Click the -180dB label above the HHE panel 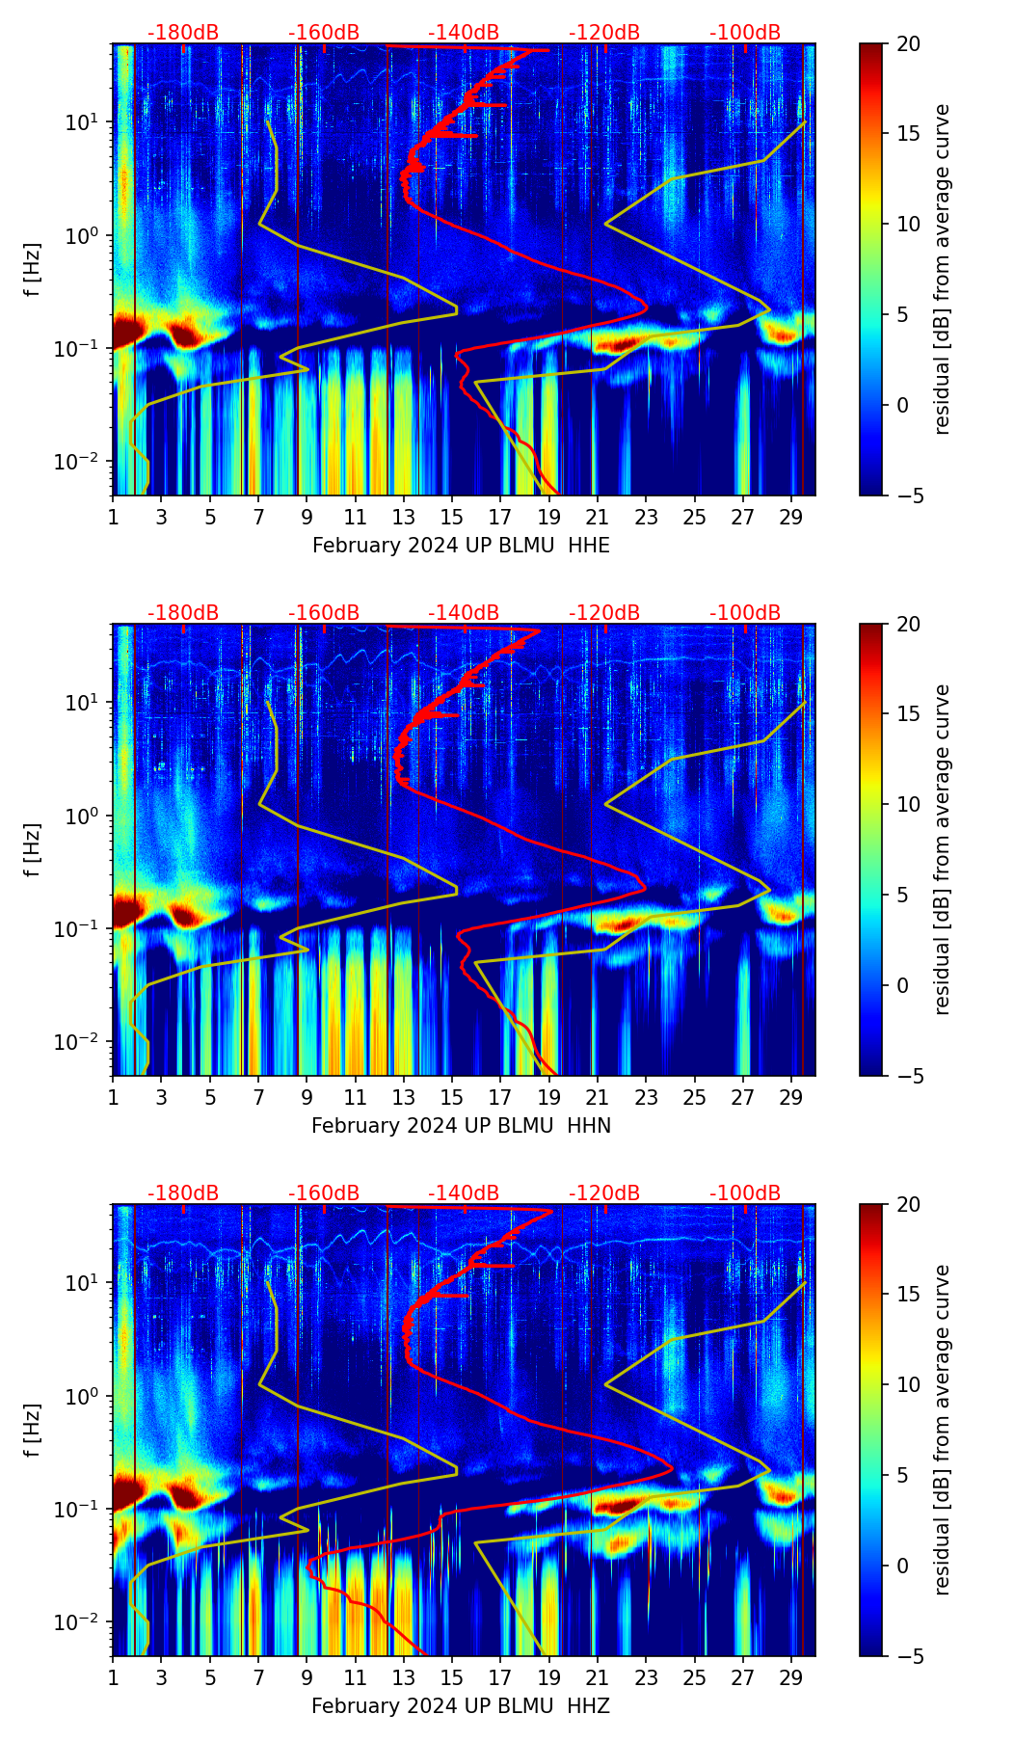tap(183, 33)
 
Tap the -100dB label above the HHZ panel tap(745, 1193)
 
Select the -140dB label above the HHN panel tap(464, 613)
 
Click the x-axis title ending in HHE tap(461, 546)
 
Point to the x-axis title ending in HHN tap(461, 1126)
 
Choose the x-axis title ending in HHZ tap(461, 1706)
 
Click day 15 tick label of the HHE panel tap(451, 518)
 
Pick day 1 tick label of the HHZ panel tap(113, 1678)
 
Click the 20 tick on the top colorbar tap(908, 44)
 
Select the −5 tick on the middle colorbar tap(908, 1076)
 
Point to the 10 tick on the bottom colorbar tap(908, 1385)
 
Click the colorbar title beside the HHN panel tap(942, 849)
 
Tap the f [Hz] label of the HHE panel tap(32, 270)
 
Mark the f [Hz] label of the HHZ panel tap(32, 1431)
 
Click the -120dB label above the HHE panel tap(604, 33)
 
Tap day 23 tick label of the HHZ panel tap(646, 1678)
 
